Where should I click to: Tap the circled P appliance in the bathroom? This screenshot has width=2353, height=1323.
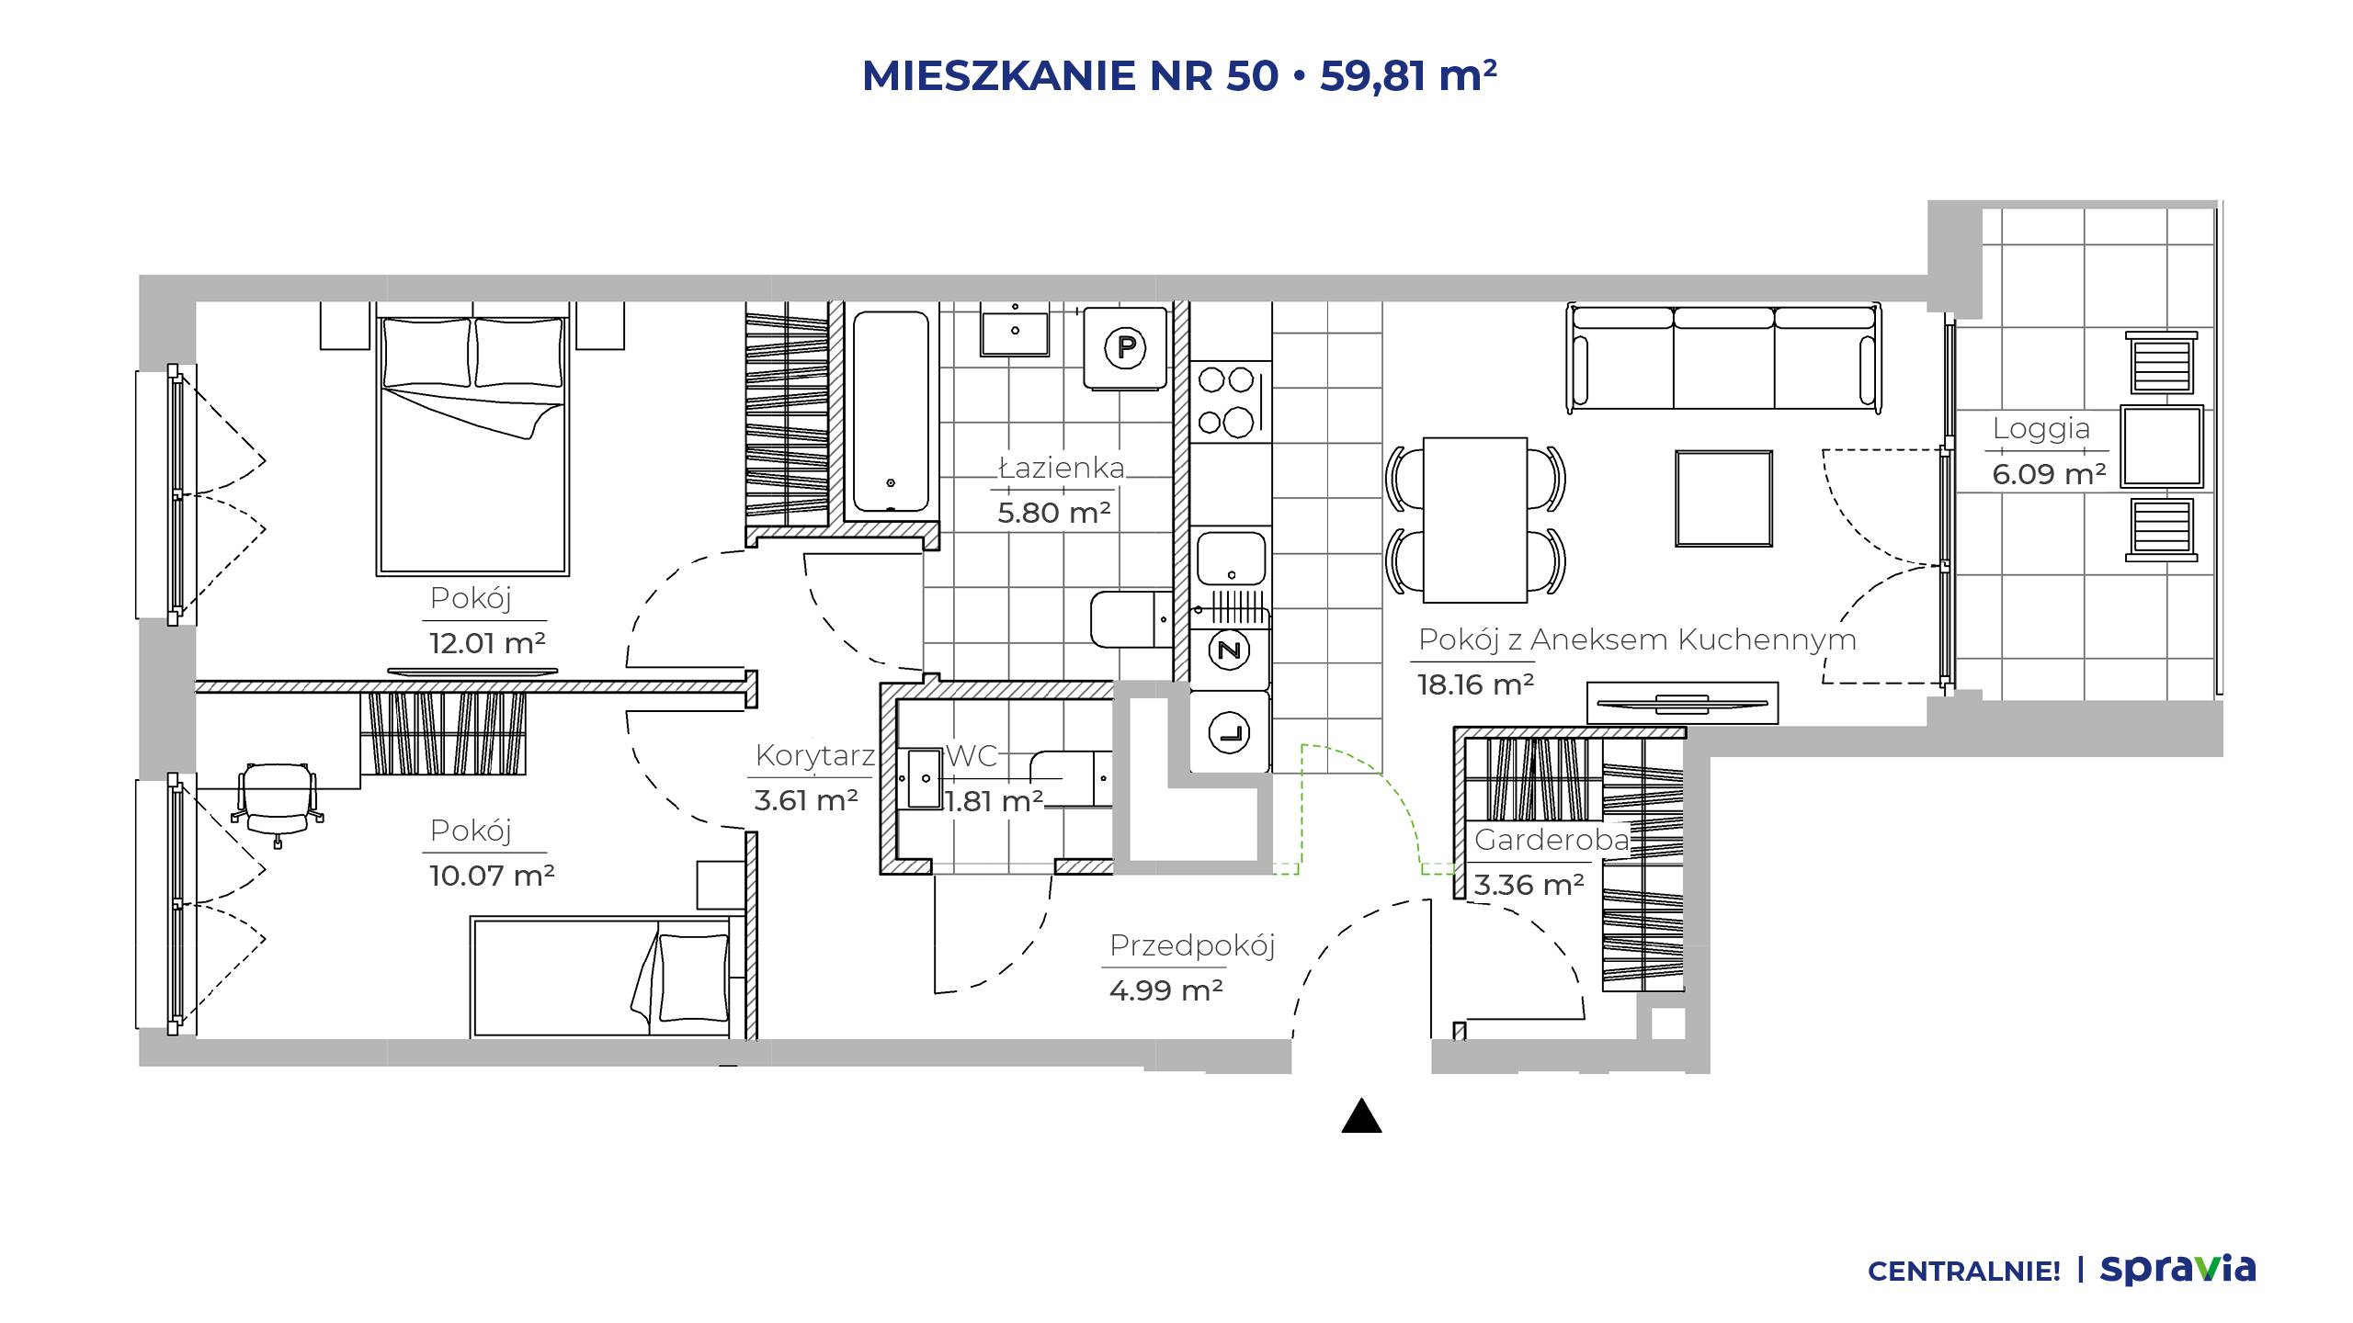point(1126,348)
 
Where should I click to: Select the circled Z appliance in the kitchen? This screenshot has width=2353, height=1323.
point(1230,651)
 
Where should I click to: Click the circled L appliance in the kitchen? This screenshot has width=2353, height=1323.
point(1230,733)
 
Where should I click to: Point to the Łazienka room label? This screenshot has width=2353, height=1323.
point(1062,468)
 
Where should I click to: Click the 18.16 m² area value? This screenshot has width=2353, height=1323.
point(1475,684)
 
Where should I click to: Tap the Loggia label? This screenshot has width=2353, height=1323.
point(2040,429)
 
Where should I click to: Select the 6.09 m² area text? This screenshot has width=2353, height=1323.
point(2049,474)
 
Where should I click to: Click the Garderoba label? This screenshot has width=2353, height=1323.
point(1552,839)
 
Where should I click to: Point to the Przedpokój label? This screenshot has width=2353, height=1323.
point(1192,945)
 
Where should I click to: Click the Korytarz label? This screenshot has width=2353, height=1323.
point(815,756)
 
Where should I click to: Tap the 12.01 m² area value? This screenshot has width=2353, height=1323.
point(487,643)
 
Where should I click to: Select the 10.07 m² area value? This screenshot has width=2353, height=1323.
point(492,876)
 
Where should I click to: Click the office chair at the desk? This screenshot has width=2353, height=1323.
point(278,800)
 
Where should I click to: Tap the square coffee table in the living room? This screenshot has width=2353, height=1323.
point(1723,499)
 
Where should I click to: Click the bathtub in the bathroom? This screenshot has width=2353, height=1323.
point(891,412)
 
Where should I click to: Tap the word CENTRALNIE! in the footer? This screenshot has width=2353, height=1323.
point(1963,1272)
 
